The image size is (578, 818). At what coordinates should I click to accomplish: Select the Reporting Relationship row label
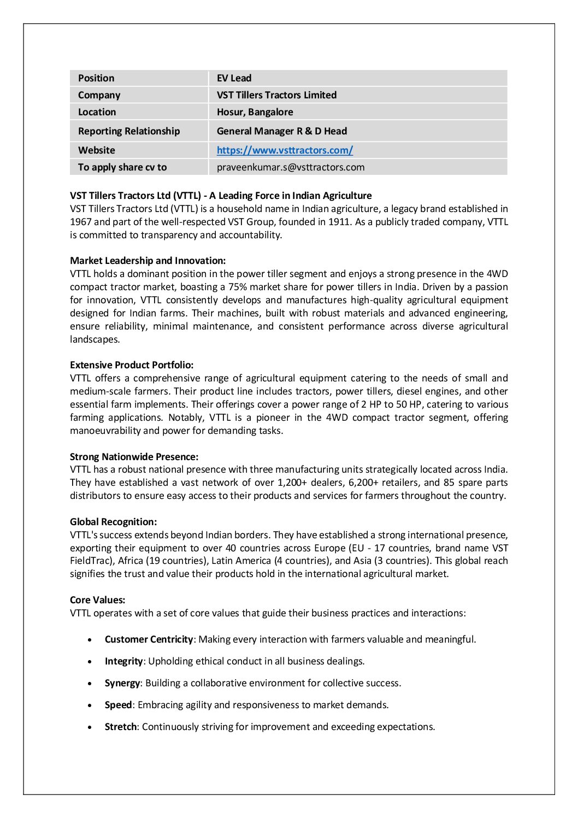click(x=128, y=131)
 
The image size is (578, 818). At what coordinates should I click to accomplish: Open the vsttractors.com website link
click(x=285, y=150)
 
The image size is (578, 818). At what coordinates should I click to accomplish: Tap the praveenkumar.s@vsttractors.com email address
click(x=290, y=167)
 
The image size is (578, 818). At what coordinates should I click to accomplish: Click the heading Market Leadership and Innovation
click(x=148, y=261)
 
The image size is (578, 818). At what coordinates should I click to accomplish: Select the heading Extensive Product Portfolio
click(x=132, y=365)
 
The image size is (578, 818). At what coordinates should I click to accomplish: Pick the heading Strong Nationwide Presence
click(x=134, y=457)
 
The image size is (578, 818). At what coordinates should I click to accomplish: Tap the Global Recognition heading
click(x=113, y=522)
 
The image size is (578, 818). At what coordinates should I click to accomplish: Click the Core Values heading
click(x=97, y=600)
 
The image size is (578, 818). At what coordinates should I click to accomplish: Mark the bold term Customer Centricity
click(x=149, y=639)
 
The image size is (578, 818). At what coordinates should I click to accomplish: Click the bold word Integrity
click(x=123, y=661)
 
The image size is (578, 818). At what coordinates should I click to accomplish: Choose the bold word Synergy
click(x=122, y=683)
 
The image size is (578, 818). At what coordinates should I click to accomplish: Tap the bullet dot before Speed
click(x=90, y=705)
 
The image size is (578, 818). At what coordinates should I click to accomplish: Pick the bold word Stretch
click(x=120, y=727)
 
